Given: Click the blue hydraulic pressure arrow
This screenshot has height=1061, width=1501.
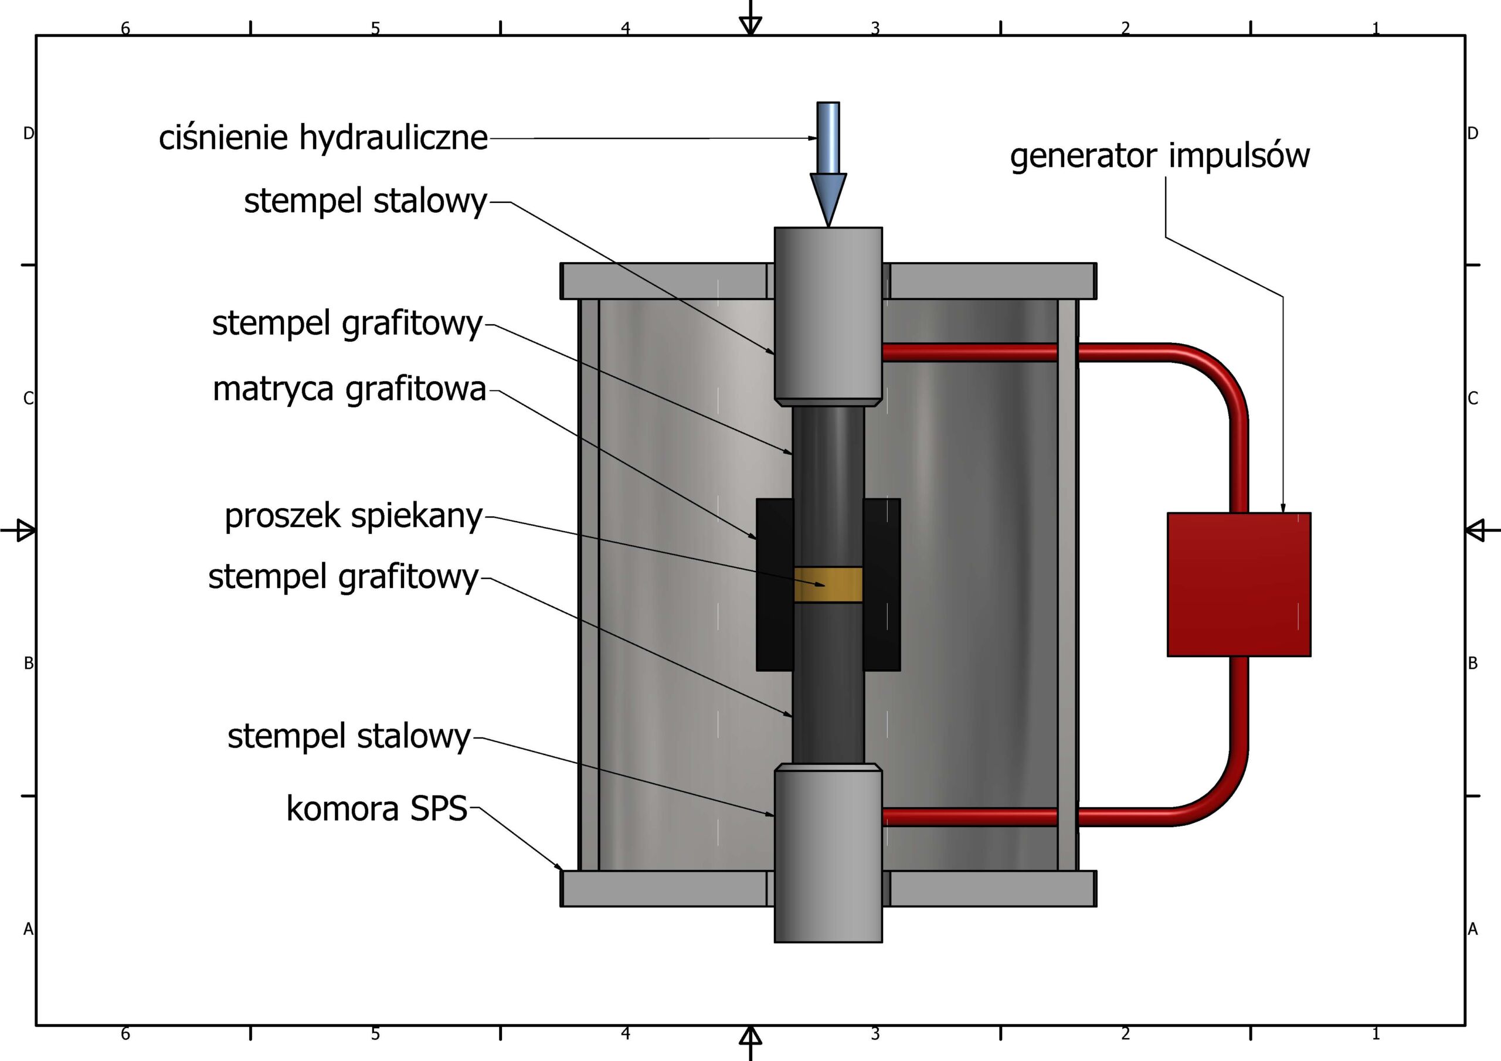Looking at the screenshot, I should pyautogui.click(x=828, y=164).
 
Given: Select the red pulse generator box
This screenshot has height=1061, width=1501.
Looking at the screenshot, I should pyautogui.click(x=1239, y=584).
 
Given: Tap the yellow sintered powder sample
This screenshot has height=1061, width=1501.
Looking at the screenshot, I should pyautogui.click(x=828, y=584).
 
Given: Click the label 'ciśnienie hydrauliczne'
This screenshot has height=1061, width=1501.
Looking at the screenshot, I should pyautogui.click(x=323, y=138).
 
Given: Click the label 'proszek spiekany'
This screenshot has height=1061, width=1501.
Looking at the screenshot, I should pyautogui.click(x=353, y=516).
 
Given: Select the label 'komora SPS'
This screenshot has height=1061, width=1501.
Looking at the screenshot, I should pyautogui.click(x=376, y=809).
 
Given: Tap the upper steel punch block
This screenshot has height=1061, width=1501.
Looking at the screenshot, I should pyautogui.click(x=828, y=314).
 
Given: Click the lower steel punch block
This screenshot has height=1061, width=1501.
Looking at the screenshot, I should pyautogui.click(x=828, y=856).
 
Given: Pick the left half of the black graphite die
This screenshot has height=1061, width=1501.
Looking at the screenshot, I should pyautogui.click(x=775, y=584).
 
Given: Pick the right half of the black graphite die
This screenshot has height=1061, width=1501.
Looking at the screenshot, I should pyautogui.click(x=882, y=584).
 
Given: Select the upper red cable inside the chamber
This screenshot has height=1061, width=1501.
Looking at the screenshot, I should pyautogui.click(x=970, y=353).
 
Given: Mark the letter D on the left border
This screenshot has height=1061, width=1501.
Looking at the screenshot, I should pyautogui.click(x=28, y=134).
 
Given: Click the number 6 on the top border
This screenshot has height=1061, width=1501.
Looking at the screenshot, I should pyautogui.click(x=125, y=28).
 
